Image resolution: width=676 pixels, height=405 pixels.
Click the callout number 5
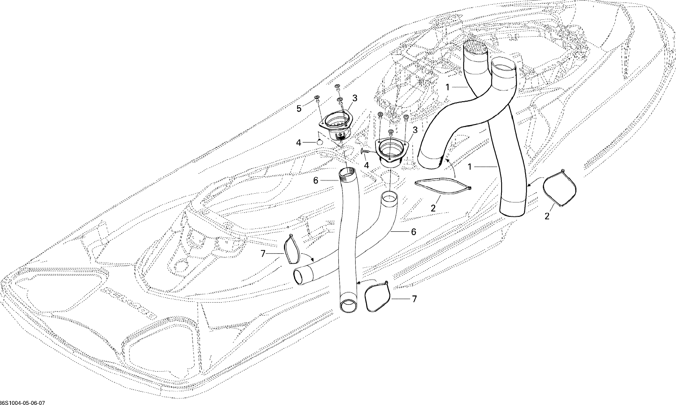click(x=299, y=109)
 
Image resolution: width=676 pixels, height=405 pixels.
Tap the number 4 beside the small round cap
click(x=299, y=142)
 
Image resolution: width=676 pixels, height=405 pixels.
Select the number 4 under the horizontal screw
click(x=366, y=165)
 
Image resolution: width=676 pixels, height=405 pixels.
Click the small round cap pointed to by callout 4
click(x=320, y=142)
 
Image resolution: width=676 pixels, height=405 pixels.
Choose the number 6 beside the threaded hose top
click(x=316, y=181)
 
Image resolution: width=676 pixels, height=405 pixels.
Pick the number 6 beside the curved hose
click(x=414, y=232)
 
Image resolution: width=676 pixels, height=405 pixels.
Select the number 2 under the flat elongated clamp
click(x=433, y=209)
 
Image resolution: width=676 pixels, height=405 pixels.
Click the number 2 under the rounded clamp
click(x=547, y=216)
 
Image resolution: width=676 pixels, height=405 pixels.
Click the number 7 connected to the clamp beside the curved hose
click(x=263, y=254)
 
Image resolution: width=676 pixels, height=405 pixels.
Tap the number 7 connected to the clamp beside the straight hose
click(x=414, y=299)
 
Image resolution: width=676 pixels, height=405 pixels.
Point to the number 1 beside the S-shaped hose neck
click(x=447, y=87)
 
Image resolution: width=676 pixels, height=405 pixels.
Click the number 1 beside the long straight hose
click(x=470, y=167)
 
